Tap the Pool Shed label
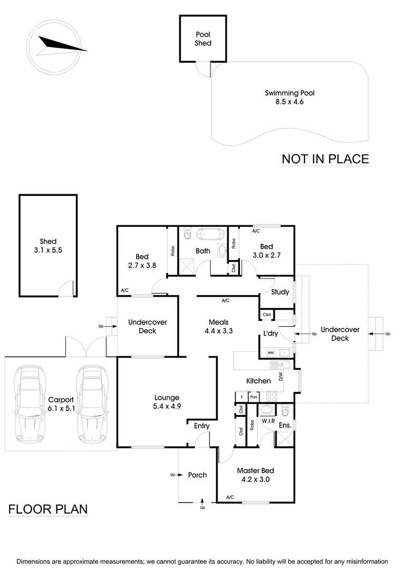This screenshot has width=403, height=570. tap(203, 39)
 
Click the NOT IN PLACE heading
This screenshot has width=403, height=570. tap(325, 159)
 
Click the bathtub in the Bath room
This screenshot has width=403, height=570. tap(204, 234)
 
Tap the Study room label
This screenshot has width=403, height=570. tap(280, 292)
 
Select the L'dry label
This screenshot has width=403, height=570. tap(271, 333)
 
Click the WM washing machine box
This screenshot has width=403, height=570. tap(271, 352)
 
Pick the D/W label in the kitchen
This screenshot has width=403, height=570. tap(281, 377)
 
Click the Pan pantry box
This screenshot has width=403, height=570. tap(254, 396)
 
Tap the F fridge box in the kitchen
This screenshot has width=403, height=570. tap(241, 396)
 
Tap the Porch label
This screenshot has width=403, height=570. tap(197, 475)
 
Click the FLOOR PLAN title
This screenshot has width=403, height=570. tap(48, 509)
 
